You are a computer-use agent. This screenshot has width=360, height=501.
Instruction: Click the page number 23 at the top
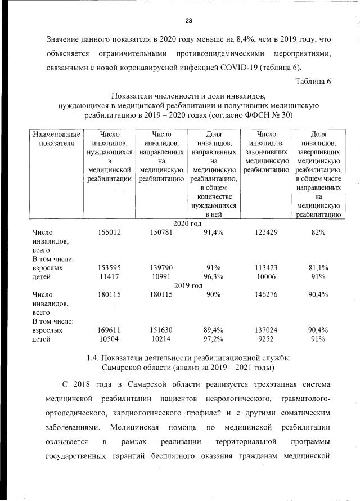point(189,21)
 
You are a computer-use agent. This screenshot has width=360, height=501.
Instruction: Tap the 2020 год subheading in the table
point(188,223)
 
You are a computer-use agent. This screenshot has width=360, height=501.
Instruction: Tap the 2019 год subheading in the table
point(188,285)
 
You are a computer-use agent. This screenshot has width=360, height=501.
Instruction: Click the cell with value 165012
point(110,232)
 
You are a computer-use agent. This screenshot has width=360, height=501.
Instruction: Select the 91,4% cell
point(213,232)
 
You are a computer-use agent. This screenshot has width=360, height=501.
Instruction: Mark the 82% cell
point(318,232)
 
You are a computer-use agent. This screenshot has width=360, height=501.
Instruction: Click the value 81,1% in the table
point(318,268)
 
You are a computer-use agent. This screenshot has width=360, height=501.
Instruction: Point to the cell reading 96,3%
point(213,277)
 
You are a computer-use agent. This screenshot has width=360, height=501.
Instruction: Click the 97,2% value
point(213,339)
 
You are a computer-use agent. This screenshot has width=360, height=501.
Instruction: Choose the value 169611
point(110,330)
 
